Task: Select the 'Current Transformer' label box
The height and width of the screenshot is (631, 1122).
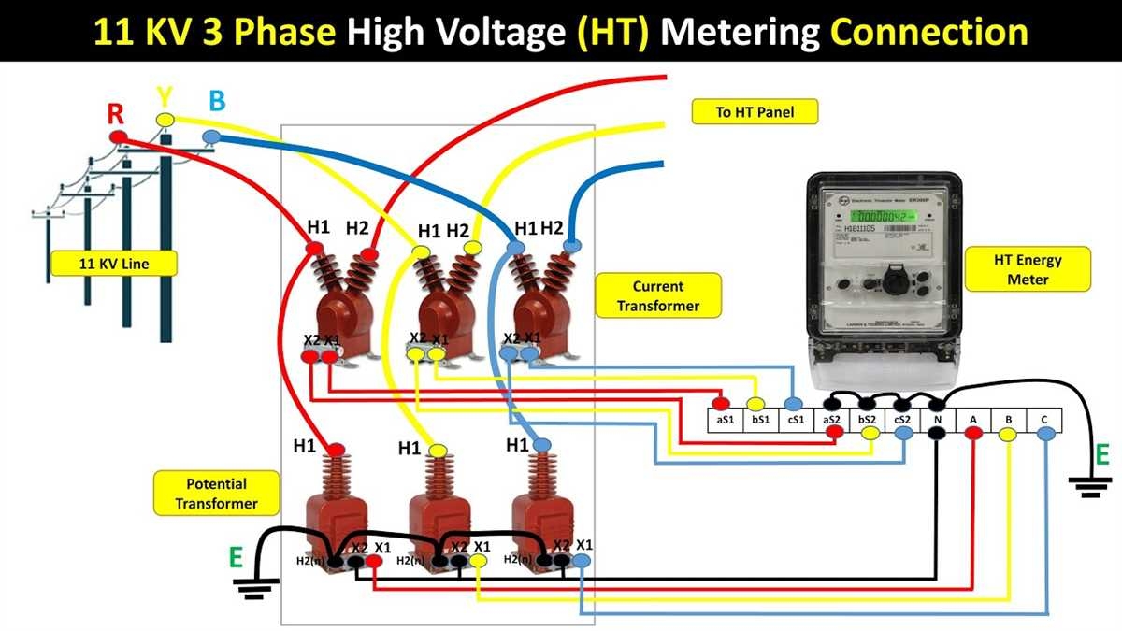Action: point(658,295)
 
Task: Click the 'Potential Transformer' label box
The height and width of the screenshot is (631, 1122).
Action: point(215,494)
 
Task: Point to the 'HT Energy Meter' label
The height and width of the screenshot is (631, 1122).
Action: point(1028,269)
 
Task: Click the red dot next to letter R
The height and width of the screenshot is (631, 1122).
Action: point(118,137)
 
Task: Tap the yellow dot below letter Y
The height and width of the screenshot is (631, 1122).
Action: point(165,119)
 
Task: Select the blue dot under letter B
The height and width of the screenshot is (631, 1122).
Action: point(212,137)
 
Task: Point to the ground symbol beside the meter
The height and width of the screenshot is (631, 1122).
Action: point(1086,482)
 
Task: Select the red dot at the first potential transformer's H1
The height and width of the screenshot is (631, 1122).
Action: point(334,449)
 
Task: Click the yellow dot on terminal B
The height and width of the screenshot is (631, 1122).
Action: point(1008,435)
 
